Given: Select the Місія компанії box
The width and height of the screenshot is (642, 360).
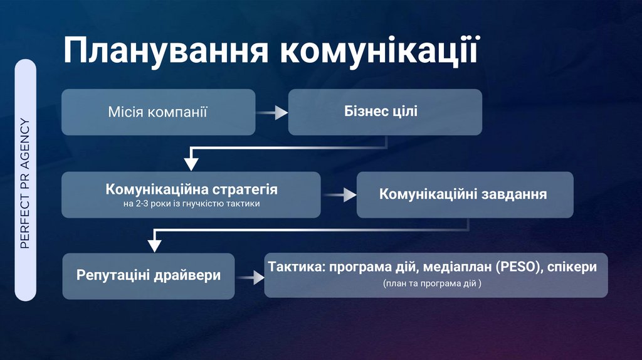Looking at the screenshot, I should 158,112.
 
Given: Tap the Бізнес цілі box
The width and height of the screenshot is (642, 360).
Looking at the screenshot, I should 384,112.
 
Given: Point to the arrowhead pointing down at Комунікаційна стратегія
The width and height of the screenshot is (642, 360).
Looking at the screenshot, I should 191,164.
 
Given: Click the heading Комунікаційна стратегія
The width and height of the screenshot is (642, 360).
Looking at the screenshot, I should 191,189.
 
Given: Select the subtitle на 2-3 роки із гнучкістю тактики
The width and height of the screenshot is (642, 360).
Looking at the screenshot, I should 191,204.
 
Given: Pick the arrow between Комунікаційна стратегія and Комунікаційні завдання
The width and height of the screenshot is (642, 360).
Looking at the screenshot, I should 339,195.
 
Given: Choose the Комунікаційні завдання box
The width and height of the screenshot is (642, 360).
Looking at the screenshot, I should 465,194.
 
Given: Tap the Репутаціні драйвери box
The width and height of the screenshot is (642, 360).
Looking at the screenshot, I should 149,275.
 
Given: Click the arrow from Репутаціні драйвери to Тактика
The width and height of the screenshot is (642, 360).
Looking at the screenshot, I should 250,277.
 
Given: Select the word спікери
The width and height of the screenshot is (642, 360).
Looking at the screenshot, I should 571,267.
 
